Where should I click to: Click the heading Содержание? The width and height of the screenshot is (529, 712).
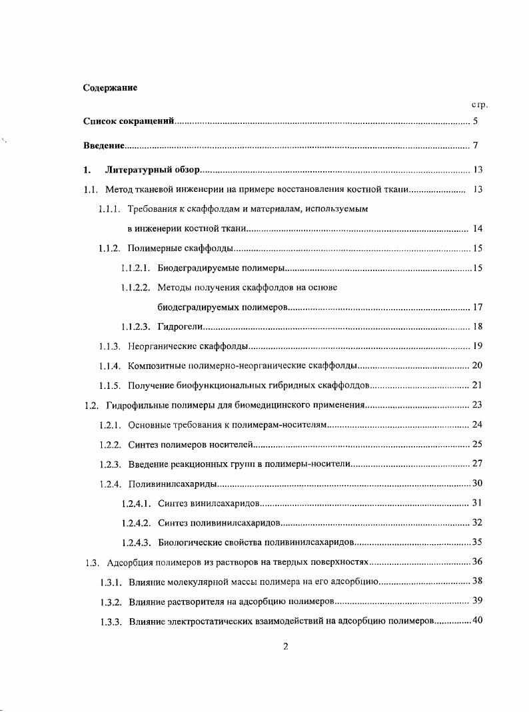[x=110, y=87]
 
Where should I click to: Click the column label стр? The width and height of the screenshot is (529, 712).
[x=480, y=105]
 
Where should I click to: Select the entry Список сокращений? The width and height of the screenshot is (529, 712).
[x=129, y=121]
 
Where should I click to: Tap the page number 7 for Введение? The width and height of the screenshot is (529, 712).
[x=476, y=145]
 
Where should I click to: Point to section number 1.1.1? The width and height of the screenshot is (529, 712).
[x=109, y=209]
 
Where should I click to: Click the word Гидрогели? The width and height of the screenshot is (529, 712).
[x=179, y=326]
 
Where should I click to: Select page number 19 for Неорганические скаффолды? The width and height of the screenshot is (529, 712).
[x=477, y=346]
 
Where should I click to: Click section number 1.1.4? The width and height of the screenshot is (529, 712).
[x=109, y=366]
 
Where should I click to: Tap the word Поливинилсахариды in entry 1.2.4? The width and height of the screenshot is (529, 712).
[x=172, y=483]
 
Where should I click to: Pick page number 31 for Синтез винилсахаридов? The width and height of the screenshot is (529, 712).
[x=477, y=502]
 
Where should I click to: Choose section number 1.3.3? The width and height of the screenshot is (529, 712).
[x=109, y=621]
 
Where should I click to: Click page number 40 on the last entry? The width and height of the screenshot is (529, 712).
[x=477, y=621]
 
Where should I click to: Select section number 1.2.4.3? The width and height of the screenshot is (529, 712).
[x=136, y=541]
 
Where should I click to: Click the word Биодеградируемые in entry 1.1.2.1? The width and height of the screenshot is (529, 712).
[x=194, y=268]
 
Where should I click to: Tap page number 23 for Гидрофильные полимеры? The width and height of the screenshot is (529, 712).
[x=477, y=404]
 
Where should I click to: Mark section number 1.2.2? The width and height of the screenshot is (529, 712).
[x=109, y=444]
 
